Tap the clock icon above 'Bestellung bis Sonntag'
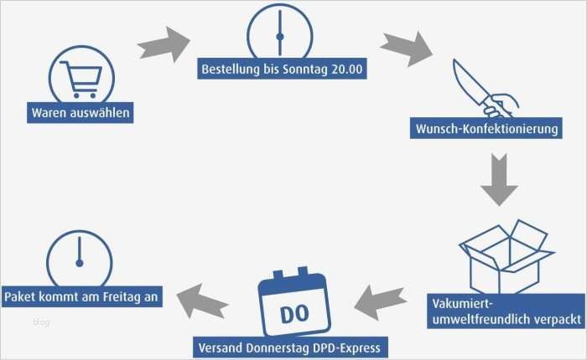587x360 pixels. [x=279, y=33]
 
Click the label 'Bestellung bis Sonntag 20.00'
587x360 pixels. [x=283, y=69]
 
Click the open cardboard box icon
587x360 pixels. [x=506, y=255]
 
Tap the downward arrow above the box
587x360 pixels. [x=500, y=179]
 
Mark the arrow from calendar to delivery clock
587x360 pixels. [x=204, y=297]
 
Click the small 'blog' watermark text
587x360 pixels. [x=41, y=321]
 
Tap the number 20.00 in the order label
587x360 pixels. [x=346, y=69]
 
